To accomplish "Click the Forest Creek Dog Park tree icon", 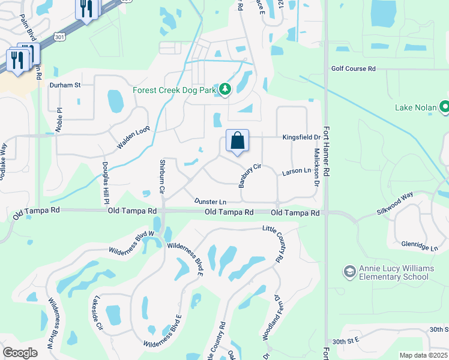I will (x=225, y=89).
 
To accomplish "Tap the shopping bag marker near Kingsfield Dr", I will (x=238, y=141).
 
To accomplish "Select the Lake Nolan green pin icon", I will (x=445, y=107).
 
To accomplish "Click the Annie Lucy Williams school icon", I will (x=349, y=272).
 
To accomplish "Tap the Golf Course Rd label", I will (x=353, y=69).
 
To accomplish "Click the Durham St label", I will (x=65, y=85).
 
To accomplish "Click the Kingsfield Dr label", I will (x=301, y=137).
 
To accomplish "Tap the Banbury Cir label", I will (x=252, y=175).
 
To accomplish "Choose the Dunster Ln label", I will (x=210, y=202).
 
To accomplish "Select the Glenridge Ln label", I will (x=420, y=246).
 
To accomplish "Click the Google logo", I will (x=20, y=353).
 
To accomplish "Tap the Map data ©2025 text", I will (x=423, y=355).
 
